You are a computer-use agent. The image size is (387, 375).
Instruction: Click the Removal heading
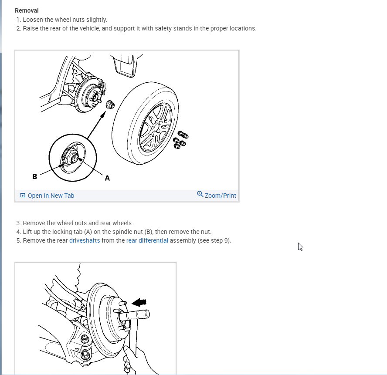click(27, 10)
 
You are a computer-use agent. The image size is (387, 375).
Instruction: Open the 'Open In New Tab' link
click(51, 196)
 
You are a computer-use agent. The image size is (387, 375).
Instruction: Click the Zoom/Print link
click(221, 196)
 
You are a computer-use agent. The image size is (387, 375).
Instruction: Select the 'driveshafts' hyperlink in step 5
click(85, 240)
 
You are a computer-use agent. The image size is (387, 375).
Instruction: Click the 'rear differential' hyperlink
click(147, 240)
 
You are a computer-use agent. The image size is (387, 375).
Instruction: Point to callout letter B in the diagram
click(35, 177)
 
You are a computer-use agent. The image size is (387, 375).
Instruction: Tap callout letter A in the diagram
click(107, 178)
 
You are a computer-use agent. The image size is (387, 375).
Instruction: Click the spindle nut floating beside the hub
click(110, 105)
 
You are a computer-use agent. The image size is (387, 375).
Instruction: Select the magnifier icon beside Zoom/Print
click(200, 194)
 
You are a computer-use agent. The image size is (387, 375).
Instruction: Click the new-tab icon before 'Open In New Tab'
click(23, 196)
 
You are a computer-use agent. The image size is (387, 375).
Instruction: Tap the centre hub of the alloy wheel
click(156, 128)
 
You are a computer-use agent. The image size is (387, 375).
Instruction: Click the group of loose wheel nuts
click(181, 140)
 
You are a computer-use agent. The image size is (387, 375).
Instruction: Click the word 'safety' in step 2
click(163, 28)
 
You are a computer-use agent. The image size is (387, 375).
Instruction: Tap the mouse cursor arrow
click(300, 247)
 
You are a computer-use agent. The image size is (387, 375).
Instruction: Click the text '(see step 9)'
click(214, 240)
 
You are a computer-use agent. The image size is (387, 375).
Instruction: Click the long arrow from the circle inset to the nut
click(96, 125)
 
